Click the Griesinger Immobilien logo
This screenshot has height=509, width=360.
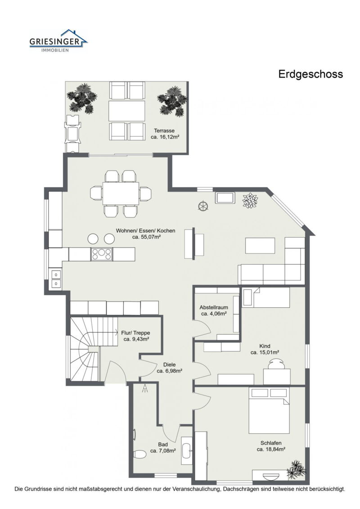[58, 41]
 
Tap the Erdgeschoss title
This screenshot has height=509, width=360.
[310, 74]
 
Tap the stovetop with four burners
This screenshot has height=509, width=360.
[102, 254]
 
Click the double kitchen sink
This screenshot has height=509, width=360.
[56, 279]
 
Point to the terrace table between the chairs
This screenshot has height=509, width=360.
[127, 111]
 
